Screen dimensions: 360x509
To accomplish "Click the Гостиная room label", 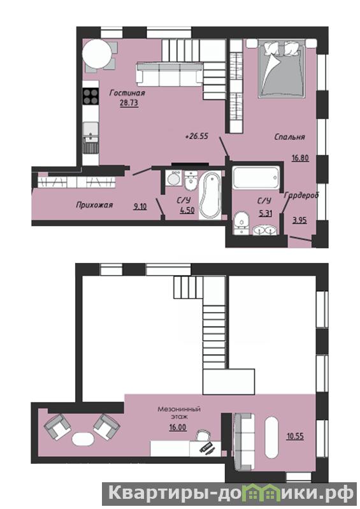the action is click(127, 94).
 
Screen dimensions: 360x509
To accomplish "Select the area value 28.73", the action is click(129, 103).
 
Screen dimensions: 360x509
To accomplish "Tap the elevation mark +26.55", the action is click(196, 136).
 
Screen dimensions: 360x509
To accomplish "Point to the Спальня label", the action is click(289, 137).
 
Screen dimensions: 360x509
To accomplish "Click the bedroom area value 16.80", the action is click(300, 159).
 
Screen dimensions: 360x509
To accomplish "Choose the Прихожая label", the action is click(94, 205).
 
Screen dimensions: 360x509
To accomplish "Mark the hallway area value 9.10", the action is click(140, 206).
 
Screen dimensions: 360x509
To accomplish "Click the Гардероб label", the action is click(301, 196).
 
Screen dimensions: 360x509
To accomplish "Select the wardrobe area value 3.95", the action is click(299, 220).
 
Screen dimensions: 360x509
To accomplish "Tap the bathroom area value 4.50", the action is click(187, 210).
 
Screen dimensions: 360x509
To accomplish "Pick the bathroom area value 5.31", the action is click(265, 213).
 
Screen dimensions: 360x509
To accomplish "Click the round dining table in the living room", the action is click(96, 54).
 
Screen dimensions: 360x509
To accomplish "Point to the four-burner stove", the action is click(90, 97).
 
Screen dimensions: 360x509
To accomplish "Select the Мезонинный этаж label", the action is click(179, 412).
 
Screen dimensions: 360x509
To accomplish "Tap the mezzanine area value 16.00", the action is click(178, 427).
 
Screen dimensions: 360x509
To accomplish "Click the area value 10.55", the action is click(295, 436).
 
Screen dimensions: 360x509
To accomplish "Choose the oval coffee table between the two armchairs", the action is click(83, 440).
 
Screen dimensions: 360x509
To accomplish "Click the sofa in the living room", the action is click(169, 75).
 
